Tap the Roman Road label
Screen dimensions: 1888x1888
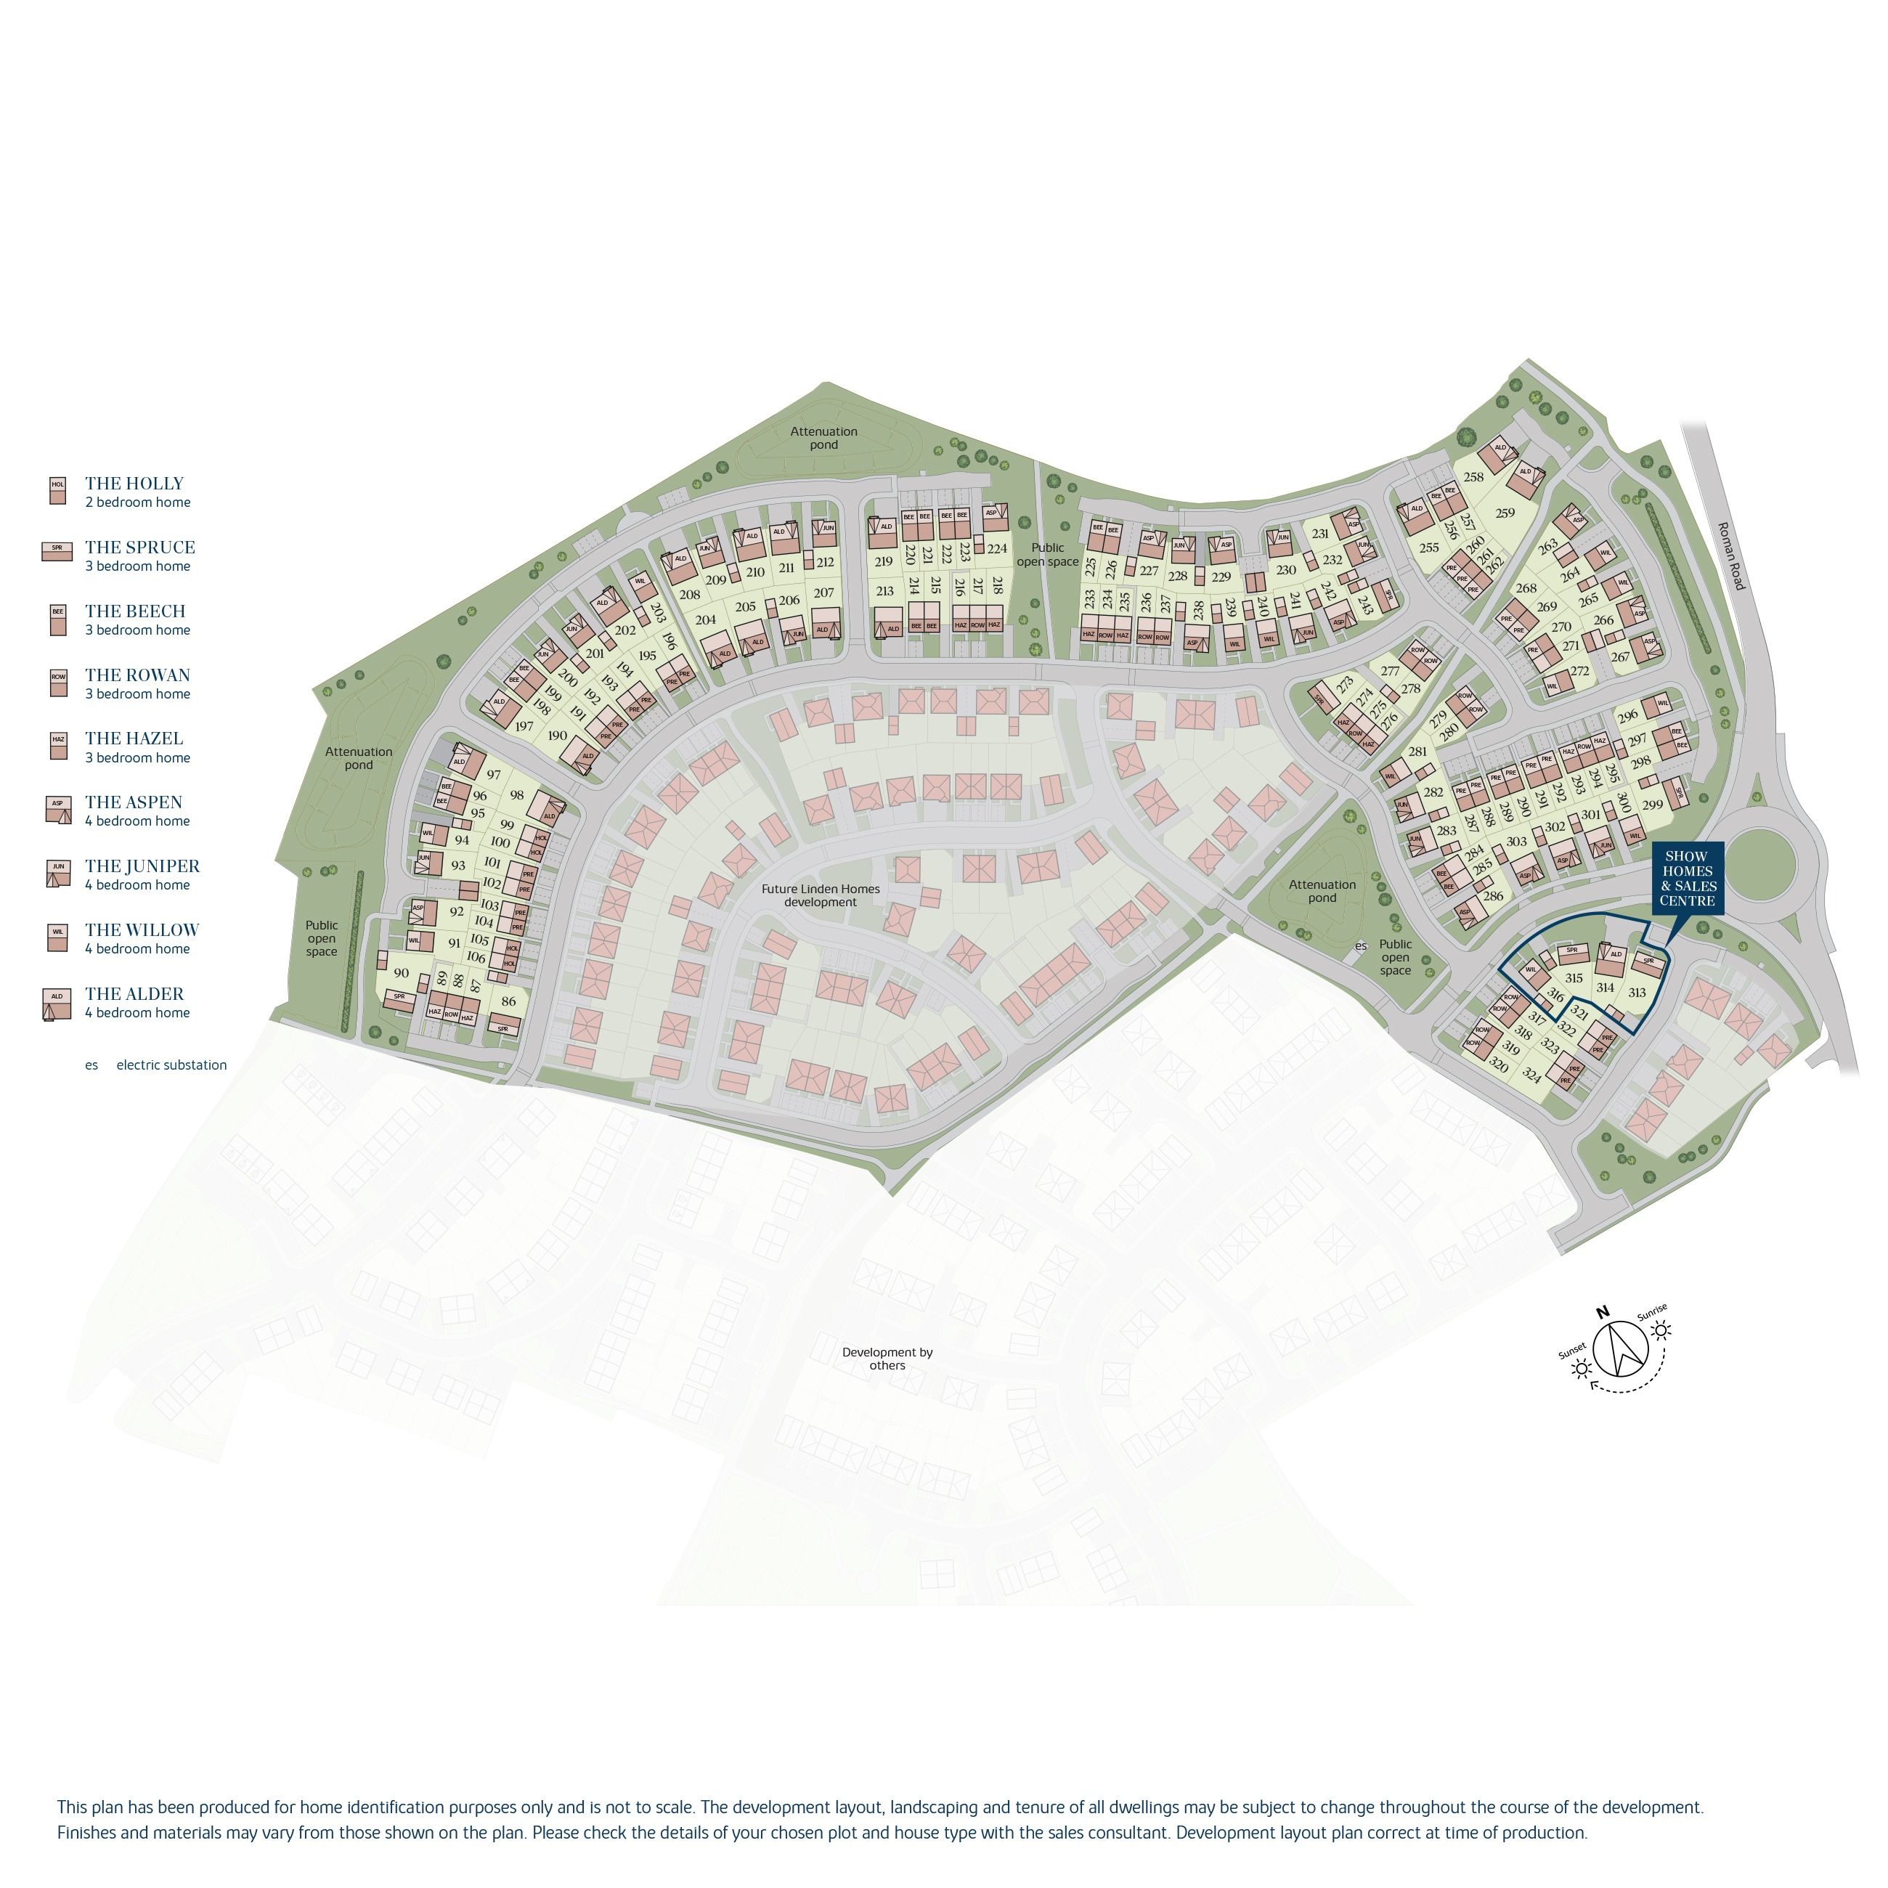point(1730,556)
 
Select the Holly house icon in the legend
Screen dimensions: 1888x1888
point(57,491)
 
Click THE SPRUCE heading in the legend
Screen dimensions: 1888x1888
point(139,548)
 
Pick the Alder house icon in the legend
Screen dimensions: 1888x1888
point(57,1004)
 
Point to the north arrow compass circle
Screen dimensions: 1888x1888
point(1620,1349)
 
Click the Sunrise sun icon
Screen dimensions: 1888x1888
point(1661,1330)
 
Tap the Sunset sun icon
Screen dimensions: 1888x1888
point(1581,1369)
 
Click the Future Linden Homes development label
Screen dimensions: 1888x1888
point(820,895)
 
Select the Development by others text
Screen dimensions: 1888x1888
point(887,1359)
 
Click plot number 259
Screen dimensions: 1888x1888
point(1504,513)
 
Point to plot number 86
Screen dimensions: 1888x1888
point(508,1001)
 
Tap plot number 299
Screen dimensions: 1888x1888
point(1651,805)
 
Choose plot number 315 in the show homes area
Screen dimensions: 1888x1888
point(1574,977)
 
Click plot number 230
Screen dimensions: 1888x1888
point(1286,570)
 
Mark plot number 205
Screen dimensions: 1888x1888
point(746,607)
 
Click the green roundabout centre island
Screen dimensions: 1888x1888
point(1758,865)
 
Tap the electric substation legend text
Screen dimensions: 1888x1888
point(171,1065)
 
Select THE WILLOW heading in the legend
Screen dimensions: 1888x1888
point(142,930)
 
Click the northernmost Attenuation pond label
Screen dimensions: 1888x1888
point(823,438)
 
